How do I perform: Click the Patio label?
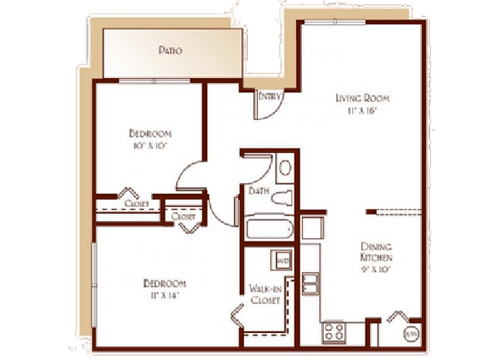[170, 52]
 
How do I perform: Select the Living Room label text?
[361, 99]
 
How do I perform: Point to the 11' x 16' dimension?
[361, 110]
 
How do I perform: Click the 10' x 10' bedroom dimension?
[149, 144]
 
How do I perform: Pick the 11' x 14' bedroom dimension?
[164, 295]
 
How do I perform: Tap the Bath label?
[258, 189]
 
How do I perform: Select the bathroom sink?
[283, 168]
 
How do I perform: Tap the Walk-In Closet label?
[264, 294]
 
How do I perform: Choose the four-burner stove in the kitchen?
[333, 333]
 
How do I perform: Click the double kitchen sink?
[309, 284]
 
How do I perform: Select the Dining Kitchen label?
[377, 252]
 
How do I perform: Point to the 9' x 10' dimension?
[377, 270]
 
